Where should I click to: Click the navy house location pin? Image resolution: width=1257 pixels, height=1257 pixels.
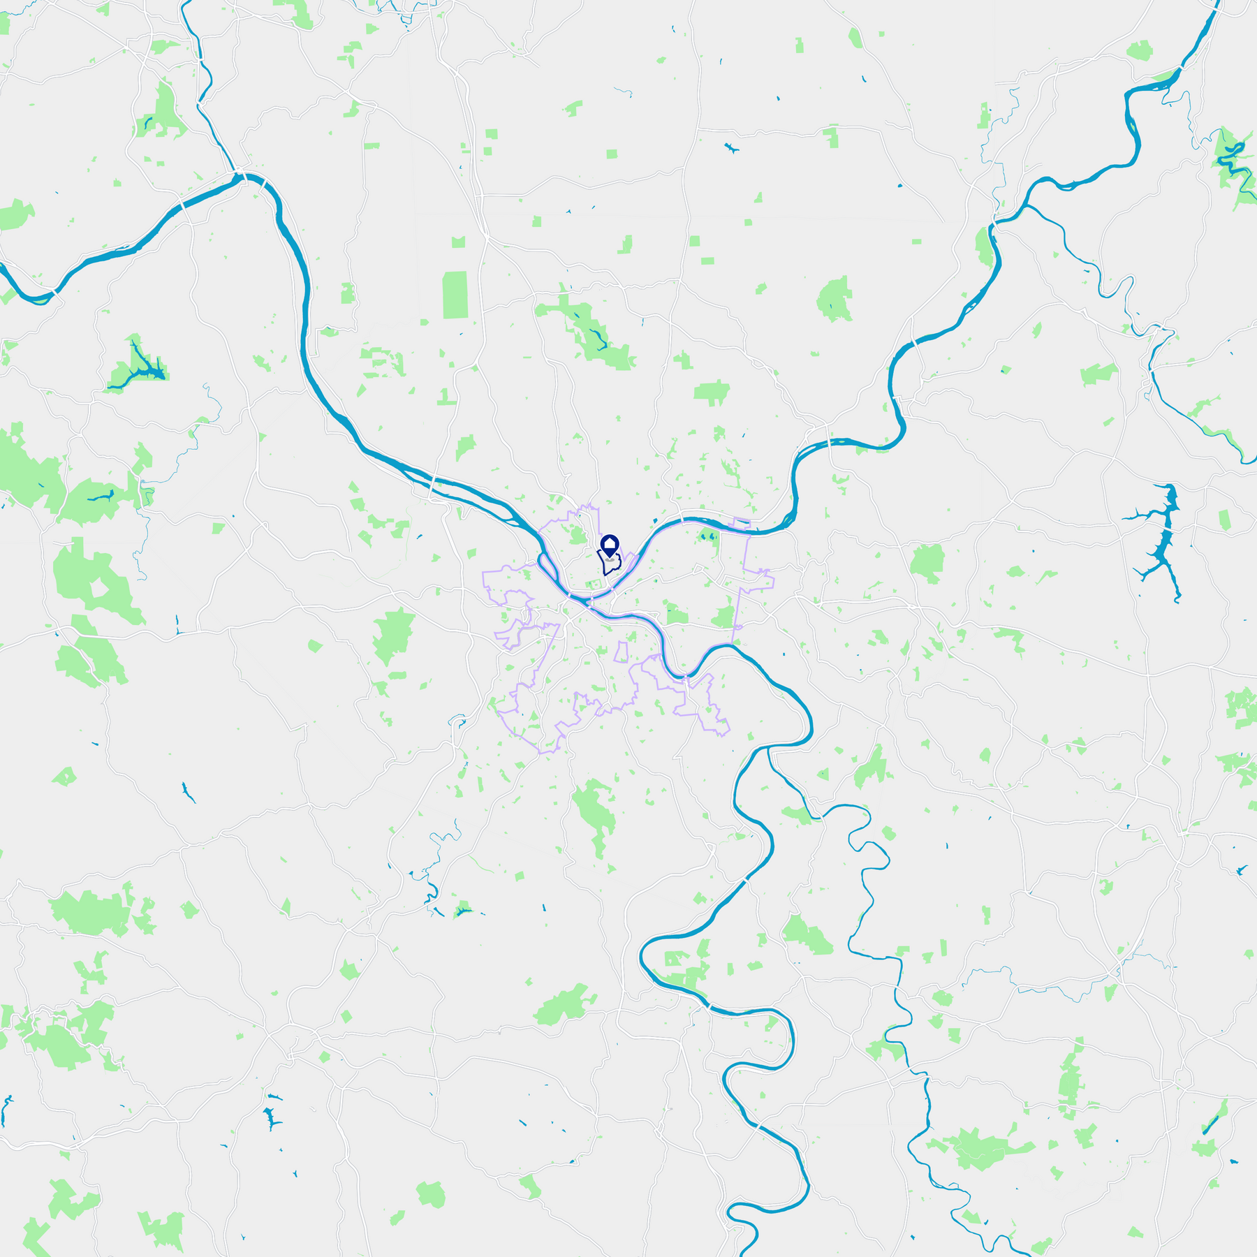point(610,545)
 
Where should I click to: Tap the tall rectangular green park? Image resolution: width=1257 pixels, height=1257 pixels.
point(455,295)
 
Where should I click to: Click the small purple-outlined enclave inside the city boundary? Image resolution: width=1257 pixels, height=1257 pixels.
point(621,652)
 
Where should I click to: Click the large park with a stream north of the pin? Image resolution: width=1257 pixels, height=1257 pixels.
point(590,332)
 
